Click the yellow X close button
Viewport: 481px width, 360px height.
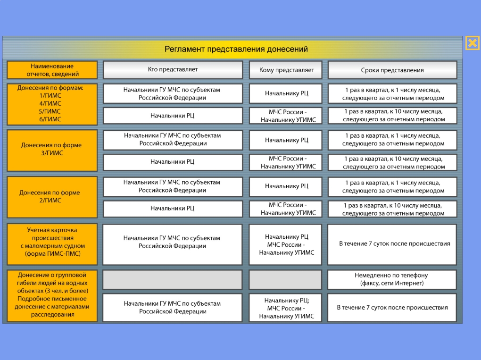pyautogui.click(x=473, y=42)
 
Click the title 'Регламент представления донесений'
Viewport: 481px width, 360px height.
pyautogui.click(x=236, y=49)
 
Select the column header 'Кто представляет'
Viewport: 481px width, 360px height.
pyautogui.click(x=173, y=70)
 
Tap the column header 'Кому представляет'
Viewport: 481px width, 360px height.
pyautogui.click(x=286, y=70)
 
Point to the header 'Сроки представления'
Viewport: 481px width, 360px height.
pyautogui.click(x=392, y=70)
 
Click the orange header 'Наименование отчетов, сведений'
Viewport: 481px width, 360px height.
pyautogui.click(x=52, y=70)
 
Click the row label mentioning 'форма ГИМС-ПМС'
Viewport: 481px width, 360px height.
pyautogui.click(x=52, y=244)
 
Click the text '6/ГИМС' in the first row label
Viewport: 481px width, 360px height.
pyautogui.click(x=50, y=119)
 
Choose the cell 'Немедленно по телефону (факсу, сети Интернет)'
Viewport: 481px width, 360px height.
pyautogui.click(x=392, y=279)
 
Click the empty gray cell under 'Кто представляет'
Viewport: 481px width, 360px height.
pyautogui.click(x=173, y=279)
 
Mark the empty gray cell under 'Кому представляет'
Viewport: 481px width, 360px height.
pyautogui.click(x=286, y=279)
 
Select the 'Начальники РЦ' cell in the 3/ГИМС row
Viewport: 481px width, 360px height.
pyautogui.click(x=173, y=162)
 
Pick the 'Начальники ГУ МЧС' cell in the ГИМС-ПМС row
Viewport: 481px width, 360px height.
pyautogui.click(x=173, y=244)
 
